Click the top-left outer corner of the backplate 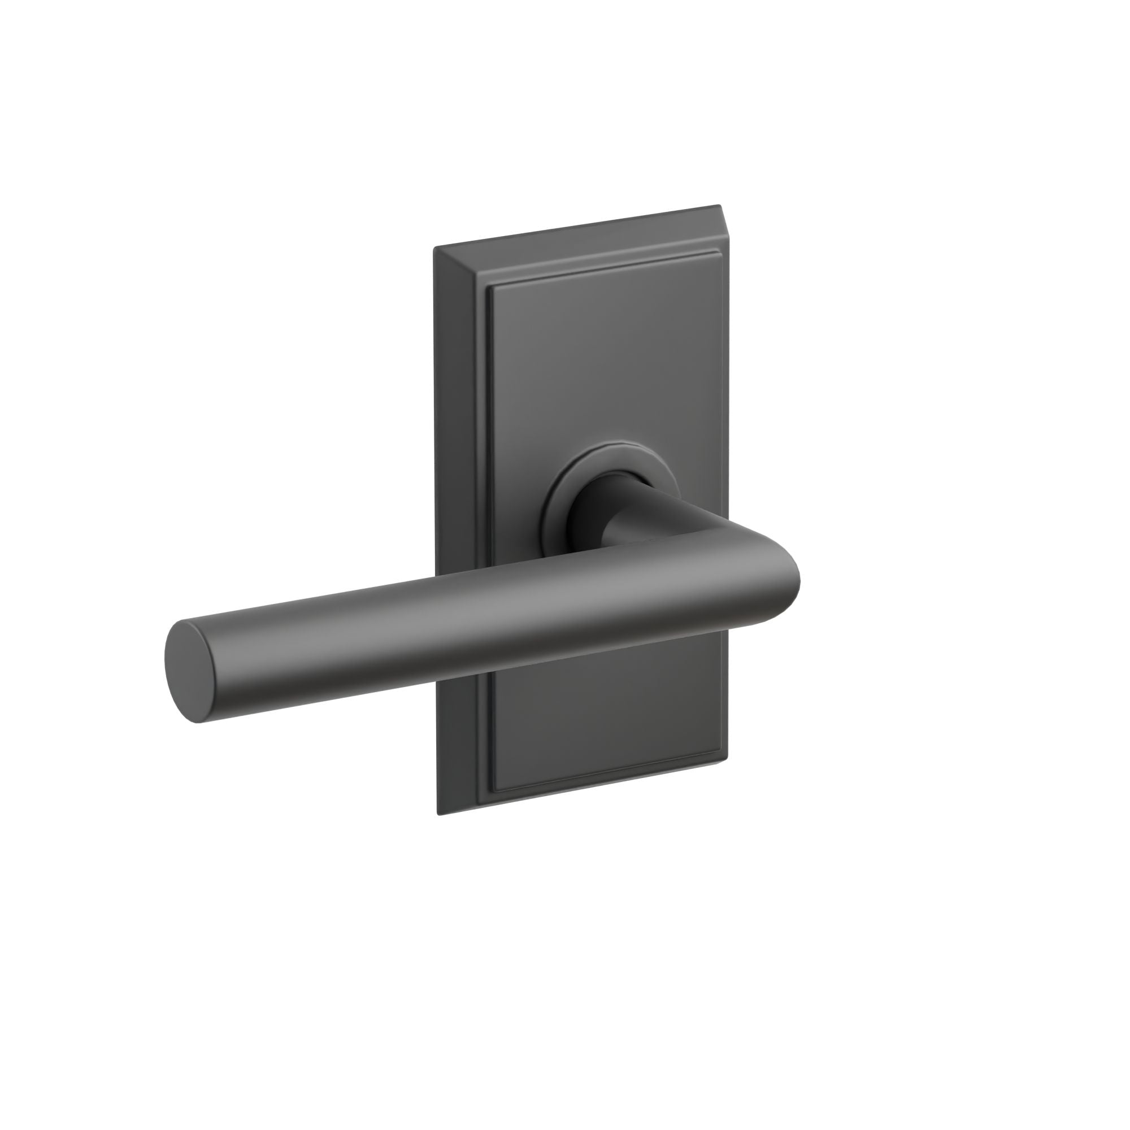tap(434, 249)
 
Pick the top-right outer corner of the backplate tap(720, 206)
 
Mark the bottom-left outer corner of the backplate tap(438, 814)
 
